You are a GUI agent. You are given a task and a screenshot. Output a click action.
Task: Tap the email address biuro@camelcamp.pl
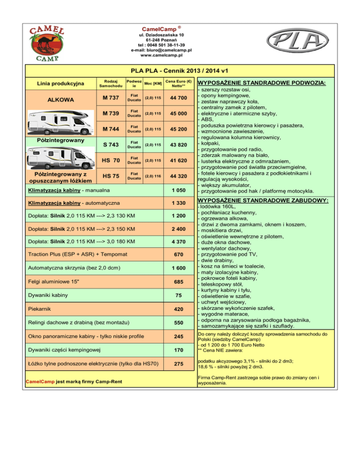(162, 50)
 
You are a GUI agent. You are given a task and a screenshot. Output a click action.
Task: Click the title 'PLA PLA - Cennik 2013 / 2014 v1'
(180, 71)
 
